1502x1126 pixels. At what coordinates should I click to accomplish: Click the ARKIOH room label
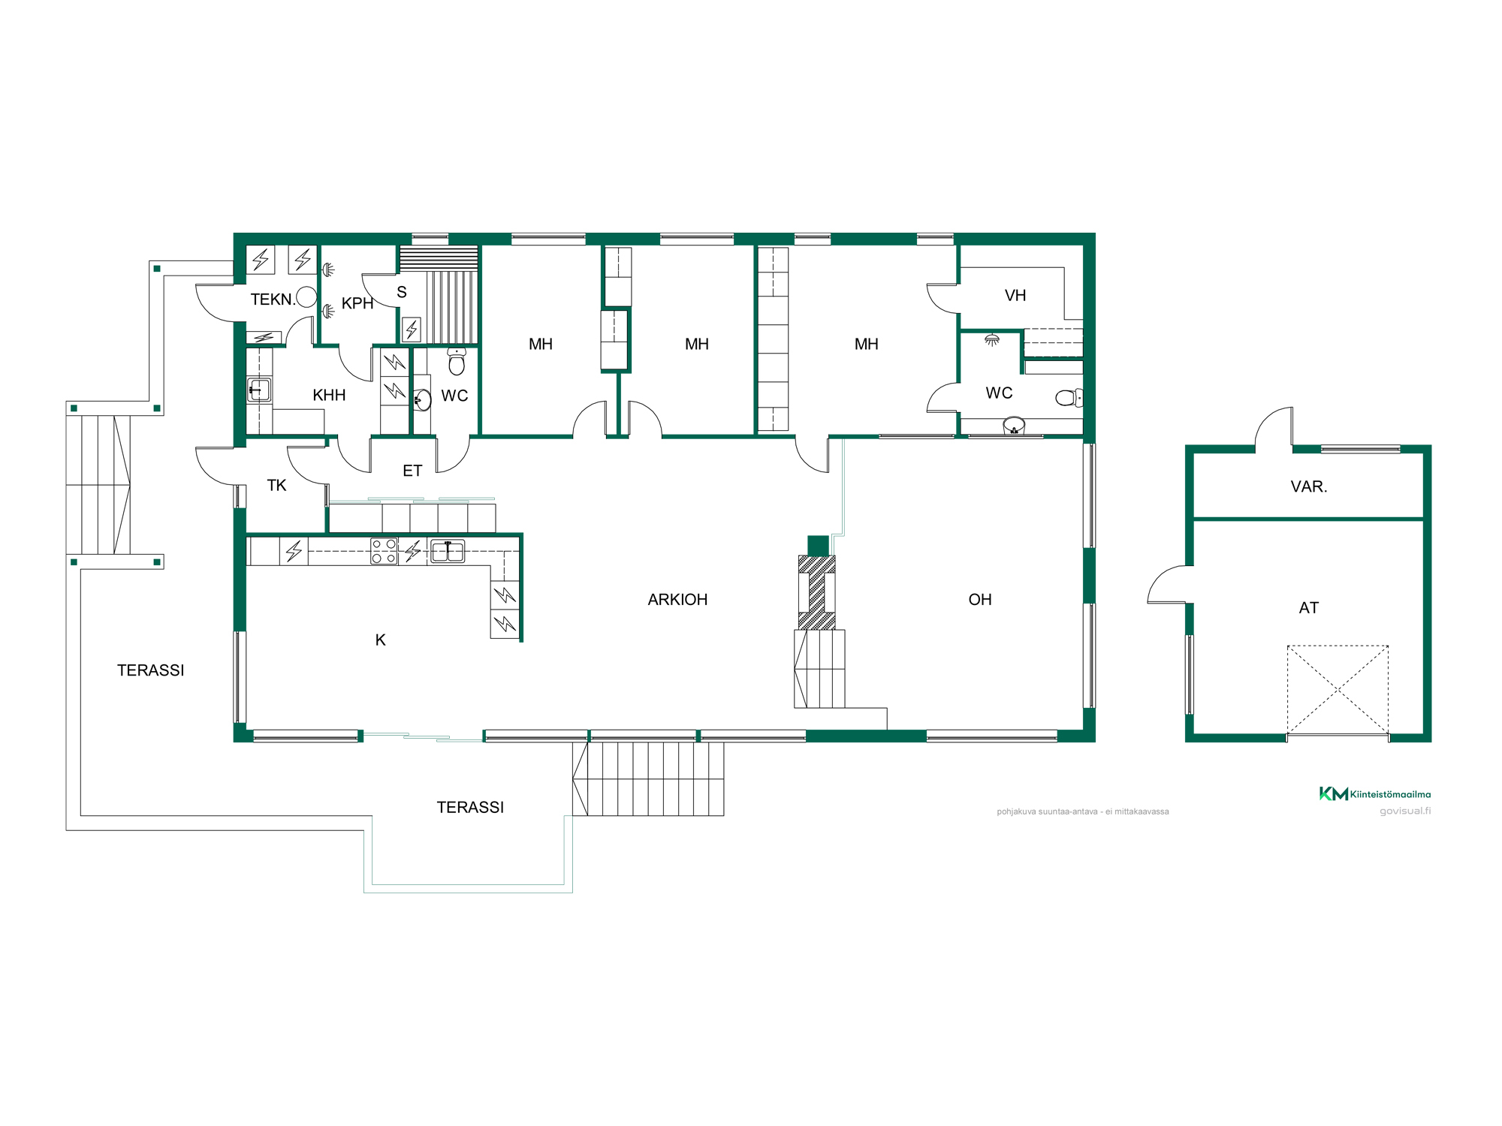coord(677,600)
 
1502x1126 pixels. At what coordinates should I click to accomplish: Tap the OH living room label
coord(980,600)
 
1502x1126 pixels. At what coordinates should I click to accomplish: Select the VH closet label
coord(1015,296)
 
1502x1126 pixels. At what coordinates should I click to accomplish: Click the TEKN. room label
coord(273,300)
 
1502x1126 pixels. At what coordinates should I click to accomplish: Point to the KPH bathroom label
coord(357,303)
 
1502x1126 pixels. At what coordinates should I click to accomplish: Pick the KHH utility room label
coord(329,396)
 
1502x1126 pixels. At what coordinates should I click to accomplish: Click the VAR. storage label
coord(1309,486)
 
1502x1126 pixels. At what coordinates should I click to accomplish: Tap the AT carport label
coord(1309,608)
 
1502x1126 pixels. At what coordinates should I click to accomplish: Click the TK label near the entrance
coord(276,486)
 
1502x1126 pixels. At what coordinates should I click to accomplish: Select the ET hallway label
coord(412,471)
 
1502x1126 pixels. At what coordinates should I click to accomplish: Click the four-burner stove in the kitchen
coord(384,551)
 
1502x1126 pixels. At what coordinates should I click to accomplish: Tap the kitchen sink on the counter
coord(448,551)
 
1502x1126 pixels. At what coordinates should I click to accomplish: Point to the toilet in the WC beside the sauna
coord(457,361)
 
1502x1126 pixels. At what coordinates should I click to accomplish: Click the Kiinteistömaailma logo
coord(1375,793)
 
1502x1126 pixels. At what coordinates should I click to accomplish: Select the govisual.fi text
coord(1405,811)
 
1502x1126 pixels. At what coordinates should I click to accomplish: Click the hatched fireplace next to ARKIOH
coord(816,592)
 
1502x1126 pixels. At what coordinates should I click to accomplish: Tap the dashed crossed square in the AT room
coord(1338,689)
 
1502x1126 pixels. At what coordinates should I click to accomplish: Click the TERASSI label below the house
coord(470,808)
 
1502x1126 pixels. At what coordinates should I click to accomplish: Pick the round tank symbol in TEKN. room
coord(306,297)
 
